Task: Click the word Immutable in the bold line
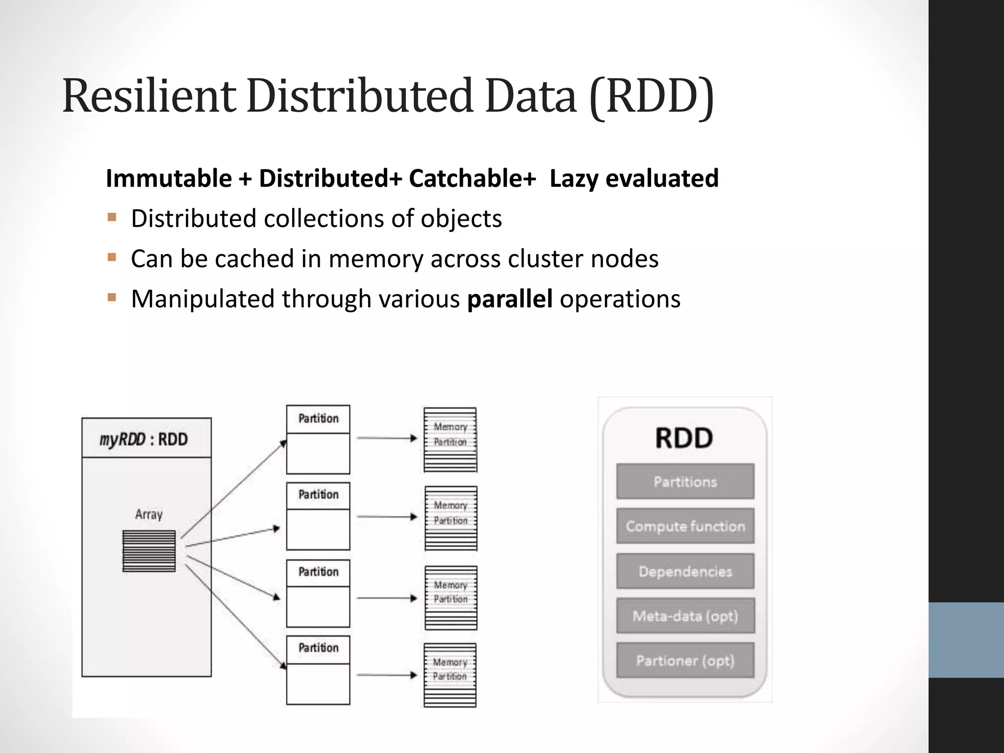click(x=169, y=178)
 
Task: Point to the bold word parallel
click(x=510, y=299)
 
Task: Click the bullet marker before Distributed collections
click(x=112, y=217)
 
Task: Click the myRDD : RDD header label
click(x=144, y=439)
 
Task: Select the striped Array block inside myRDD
click(x=149, y=551)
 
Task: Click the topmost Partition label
click(x=318, y=419)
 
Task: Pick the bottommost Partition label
click(x=318, y=648)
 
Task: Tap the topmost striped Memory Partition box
click(x=450, y=440)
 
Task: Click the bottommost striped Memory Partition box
click(x=450, y=675)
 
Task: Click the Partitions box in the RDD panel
click(x=685, y=481)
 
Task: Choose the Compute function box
click(x=685, y=526)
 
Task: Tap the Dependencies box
click(x=685, y=571)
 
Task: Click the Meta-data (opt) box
click(x=685, y=616)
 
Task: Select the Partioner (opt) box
click(x=685, y=660)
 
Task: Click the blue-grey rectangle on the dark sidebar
click(x=966, y=640)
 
